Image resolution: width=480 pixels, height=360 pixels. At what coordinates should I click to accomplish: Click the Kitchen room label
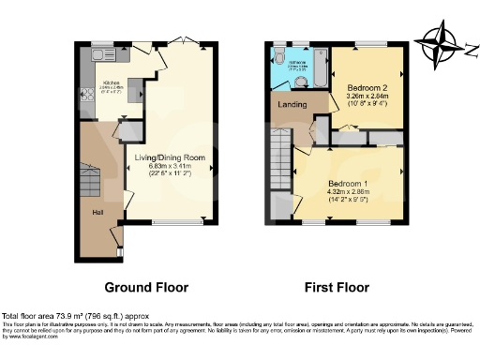coord(112,82)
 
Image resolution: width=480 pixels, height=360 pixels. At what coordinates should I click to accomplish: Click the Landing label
coord(288,104)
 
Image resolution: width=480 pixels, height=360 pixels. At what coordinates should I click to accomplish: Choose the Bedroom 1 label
coord(352,182)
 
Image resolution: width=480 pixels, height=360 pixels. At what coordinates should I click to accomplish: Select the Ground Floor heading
coord(145,287)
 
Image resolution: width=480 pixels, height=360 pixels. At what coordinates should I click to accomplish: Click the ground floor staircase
coord(90,178)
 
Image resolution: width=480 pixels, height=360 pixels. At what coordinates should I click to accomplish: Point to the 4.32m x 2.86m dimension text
coord(352,191)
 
